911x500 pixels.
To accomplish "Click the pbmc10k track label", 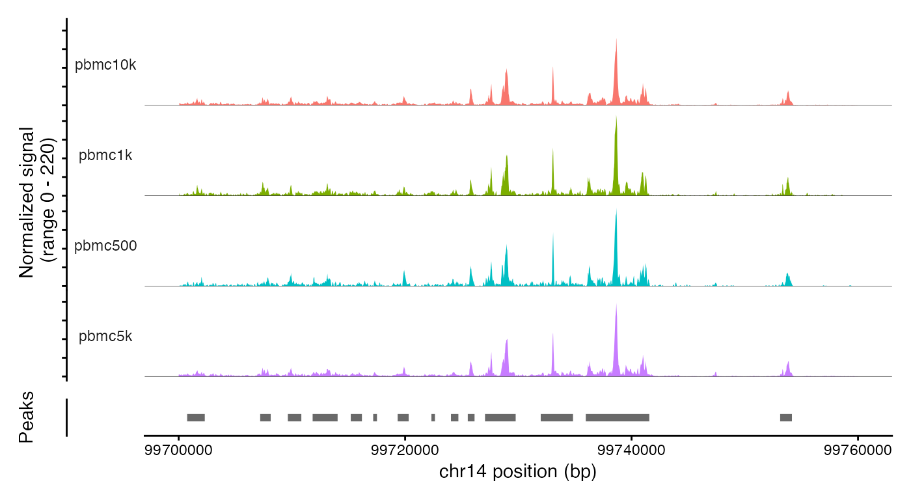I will [x=105, y=66].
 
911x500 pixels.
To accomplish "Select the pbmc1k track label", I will [x=105, y=156].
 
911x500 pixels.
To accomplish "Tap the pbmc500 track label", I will [x=105, y=246].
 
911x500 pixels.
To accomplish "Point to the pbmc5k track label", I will [x=105, y=337].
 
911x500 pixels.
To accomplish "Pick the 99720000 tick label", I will [x=405, y=451].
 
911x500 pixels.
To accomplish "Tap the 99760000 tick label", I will [x=858, y=451].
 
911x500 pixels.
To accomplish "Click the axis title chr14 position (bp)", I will [x=518, y=471].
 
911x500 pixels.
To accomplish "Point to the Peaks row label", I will [x=26, y=417].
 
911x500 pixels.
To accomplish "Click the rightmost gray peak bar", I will [x=786, y=417].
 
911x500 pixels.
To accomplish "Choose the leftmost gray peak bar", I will [x=196, y=417].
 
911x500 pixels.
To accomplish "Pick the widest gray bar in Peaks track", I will [x=618, y=417].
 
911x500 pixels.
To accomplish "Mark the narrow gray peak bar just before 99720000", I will [x=375, y=417].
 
